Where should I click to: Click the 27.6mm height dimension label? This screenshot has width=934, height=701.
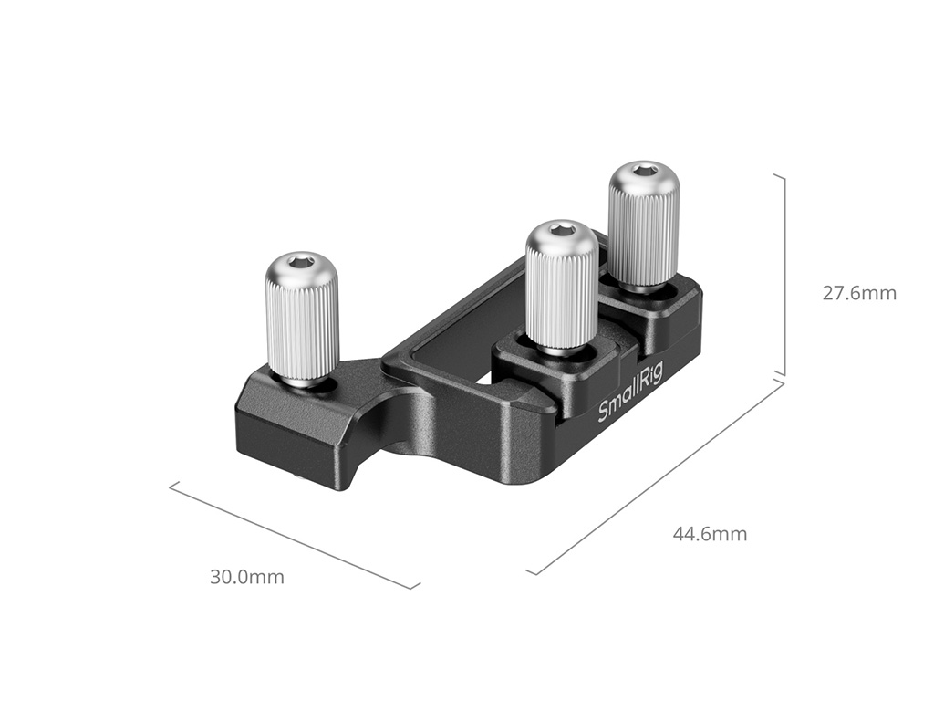tap(859, 293)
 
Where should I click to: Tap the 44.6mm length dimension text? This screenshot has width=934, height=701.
tap(710, 533)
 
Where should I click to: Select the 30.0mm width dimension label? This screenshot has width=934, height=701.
tap(246, 577)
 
